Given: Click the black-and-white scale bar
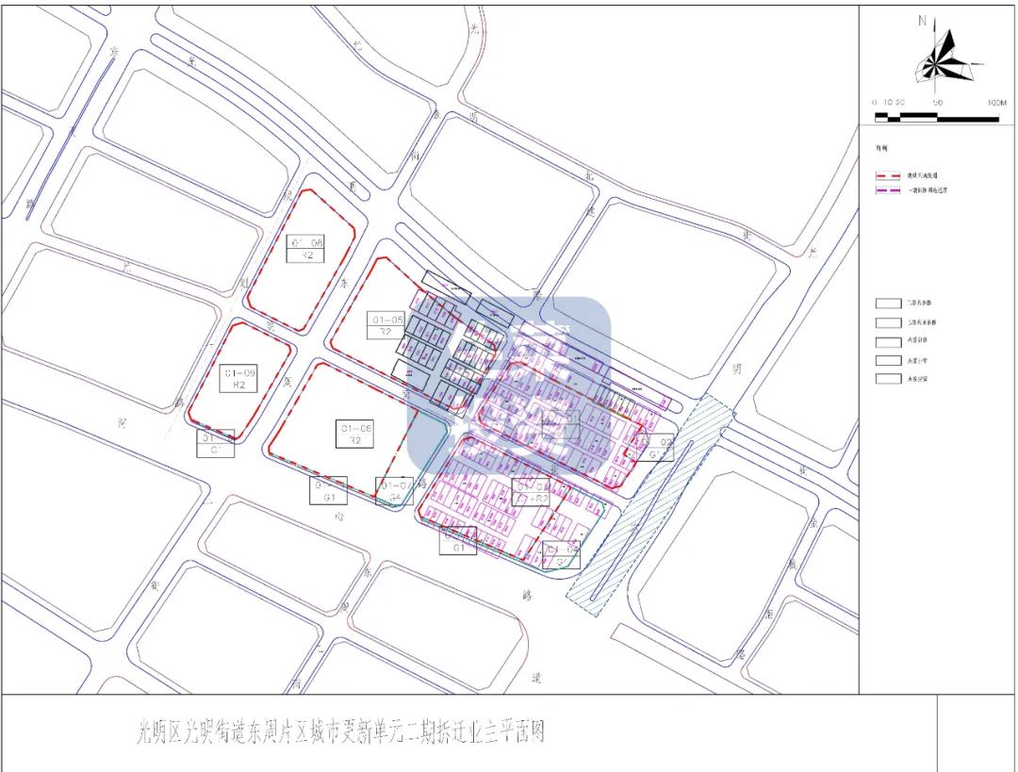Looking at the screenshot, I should coord(936,117).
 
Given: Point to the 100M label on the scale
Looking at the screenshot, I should coord(996,103).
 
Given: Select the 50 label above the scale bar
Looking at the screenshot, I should coord(937,103).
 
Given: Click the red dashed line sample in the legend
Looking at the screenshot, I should coord(890,175).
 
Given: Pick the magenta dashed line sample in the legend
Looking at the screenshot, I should coord(890,190).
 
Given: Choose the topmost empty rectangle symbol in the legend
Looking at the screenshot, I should coord(889,304).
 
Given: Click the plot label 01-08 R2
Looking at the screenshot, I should coord(306,248).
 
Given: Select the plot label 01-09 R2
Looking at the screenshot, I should coord(238,379).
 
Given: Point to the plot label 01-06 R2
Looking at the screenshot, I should coord(355,435).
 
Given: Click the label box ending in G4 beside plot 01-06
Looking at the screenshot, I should coord(395,491).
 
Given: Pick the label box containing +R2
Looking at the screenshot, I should coord(531,492).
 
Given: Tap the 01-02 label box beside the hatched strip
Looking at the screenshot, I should coord(660,448).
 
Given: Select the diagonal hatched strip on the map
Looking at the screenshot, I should coord(650,509).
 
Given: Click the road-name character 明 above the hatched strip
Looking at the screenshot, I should coord(737,370).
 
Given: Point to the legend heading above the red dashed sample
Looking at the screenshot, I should coord(882,149).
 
